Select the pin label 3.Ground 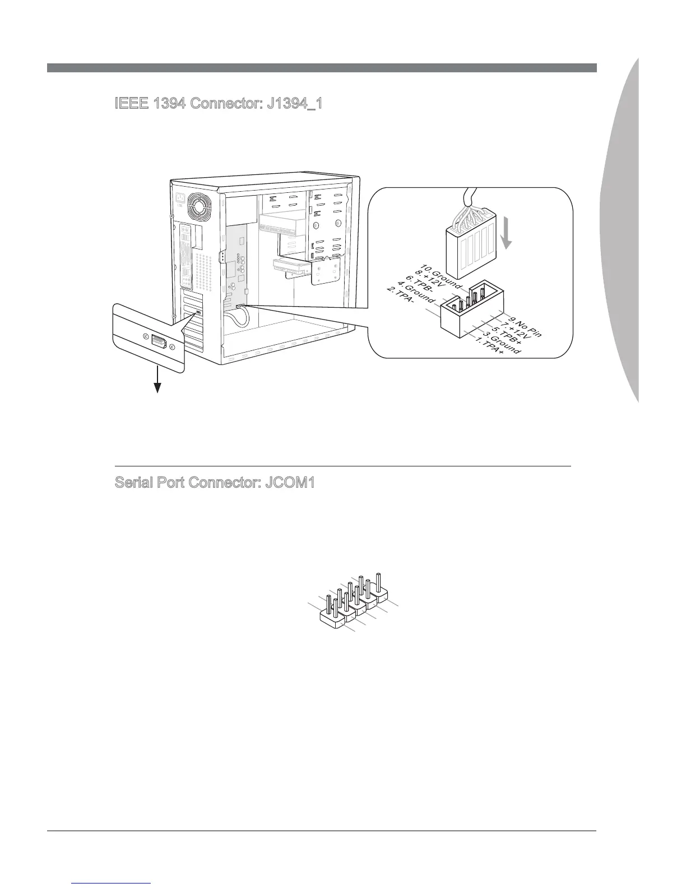(502, 345)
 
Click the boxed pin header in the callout (472, 311)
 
